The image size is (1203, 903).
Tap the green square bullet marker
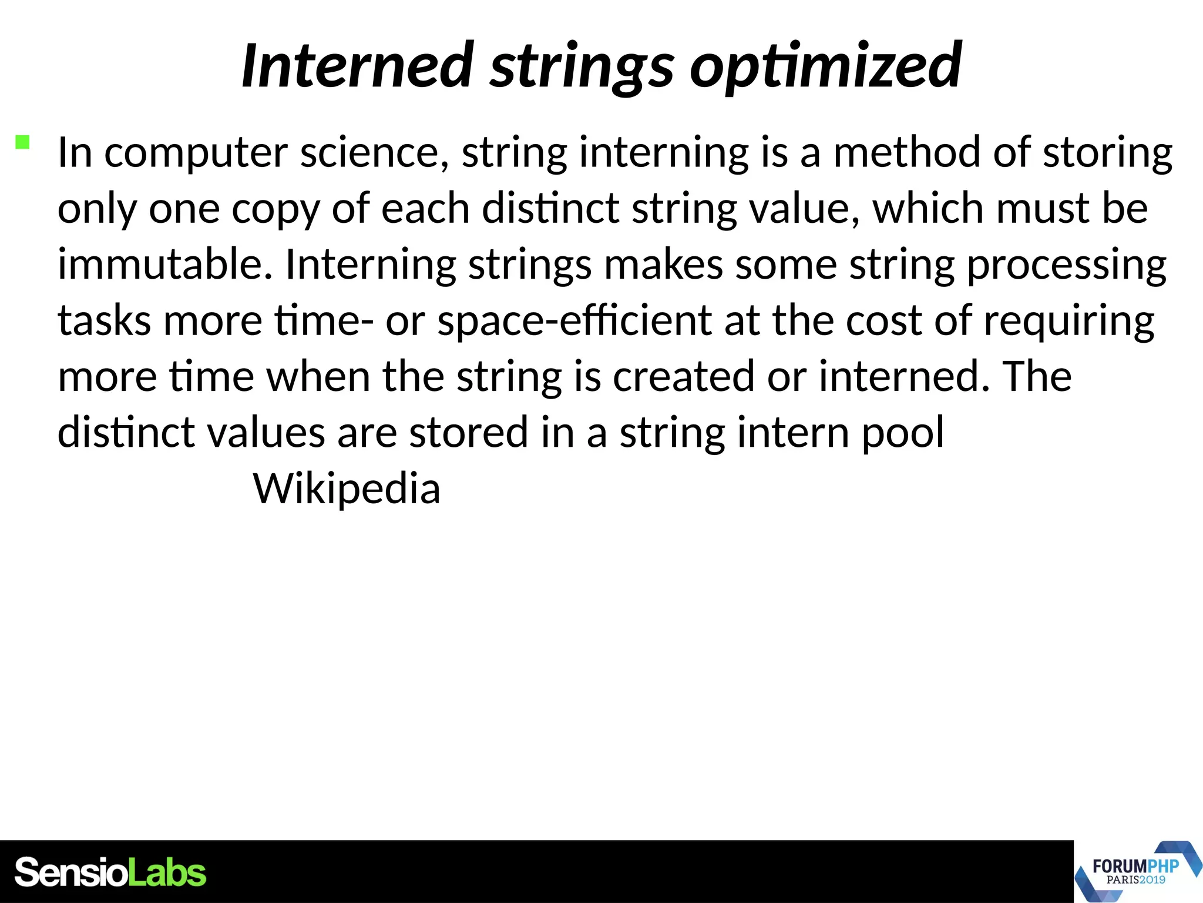pos(22,142)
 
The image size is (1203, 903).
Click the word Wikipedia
pos(347,489)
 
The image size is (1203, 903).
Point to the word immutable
pos(165,264)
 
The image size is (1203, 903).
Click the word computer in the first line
pos(196,153)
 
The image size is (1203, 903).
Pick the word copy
pos(275,209)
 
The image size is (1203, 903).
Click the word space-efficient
pos(574,321)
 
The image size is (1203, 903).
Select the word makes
pos(663,265)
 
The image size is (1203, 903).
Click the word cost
pos(883,321)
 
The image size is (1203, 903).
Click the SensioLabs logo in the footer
pos(110,872)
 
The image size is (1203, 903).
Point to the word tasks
pos(104,321)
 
